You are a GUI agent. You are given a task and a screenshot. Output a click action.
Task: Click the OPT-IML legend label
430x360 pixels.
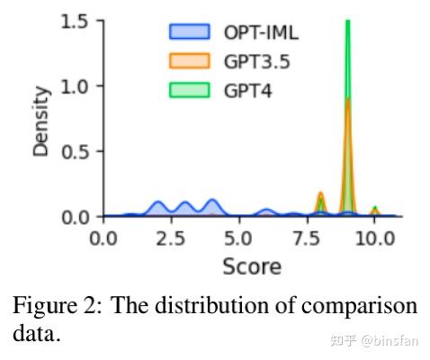coord(261,33)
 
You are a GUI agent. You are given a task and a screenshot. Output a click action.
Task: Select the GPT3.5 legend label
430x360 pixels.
coord(256,62)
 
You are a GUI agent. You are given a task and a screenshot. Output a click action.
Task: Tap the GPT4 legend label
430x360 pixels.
coord(248,91)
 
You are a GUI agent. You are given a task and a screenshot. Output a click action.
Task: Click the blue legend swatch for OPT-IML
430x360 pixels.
coord(189,33)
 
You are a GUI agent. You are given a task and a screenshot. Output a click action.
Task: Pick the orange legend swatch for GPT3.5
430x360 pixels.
coord(189,62)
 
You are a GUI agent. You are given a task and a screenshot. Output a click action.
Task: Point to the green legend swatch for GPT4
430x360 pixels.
coord(189,91)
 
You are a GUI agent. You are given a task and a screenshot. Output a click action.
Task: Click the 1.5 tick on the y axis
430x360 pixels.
coord(76,22)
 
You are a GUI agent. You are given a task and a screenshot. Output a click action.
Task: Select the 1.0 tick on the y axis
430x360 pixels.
coord(76,86)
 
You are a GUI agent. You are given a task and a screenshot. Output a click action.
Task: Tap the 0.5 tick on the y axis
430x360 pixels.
coord(76,151)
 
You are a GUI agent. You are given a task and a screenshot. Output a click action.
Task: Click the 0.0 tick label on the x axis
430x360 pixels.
coord(104,238)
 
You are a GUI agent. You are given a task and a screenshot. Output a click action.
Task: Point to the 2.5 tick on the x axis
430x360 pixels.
coord(171,238)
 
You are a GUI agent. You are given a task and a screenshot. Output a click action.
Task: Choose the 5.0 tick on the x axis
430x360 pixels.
coord(238,238)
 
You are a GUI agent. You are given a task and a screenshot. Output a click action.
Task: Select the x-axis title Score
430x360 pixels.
coord(251,267)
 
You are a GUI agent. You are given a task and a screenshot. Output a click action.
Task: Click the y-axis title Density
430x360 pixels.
coord(41,121)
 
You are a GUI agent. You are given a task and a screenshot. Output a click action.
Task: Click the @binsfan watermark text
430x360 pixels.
coord(391,340)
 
